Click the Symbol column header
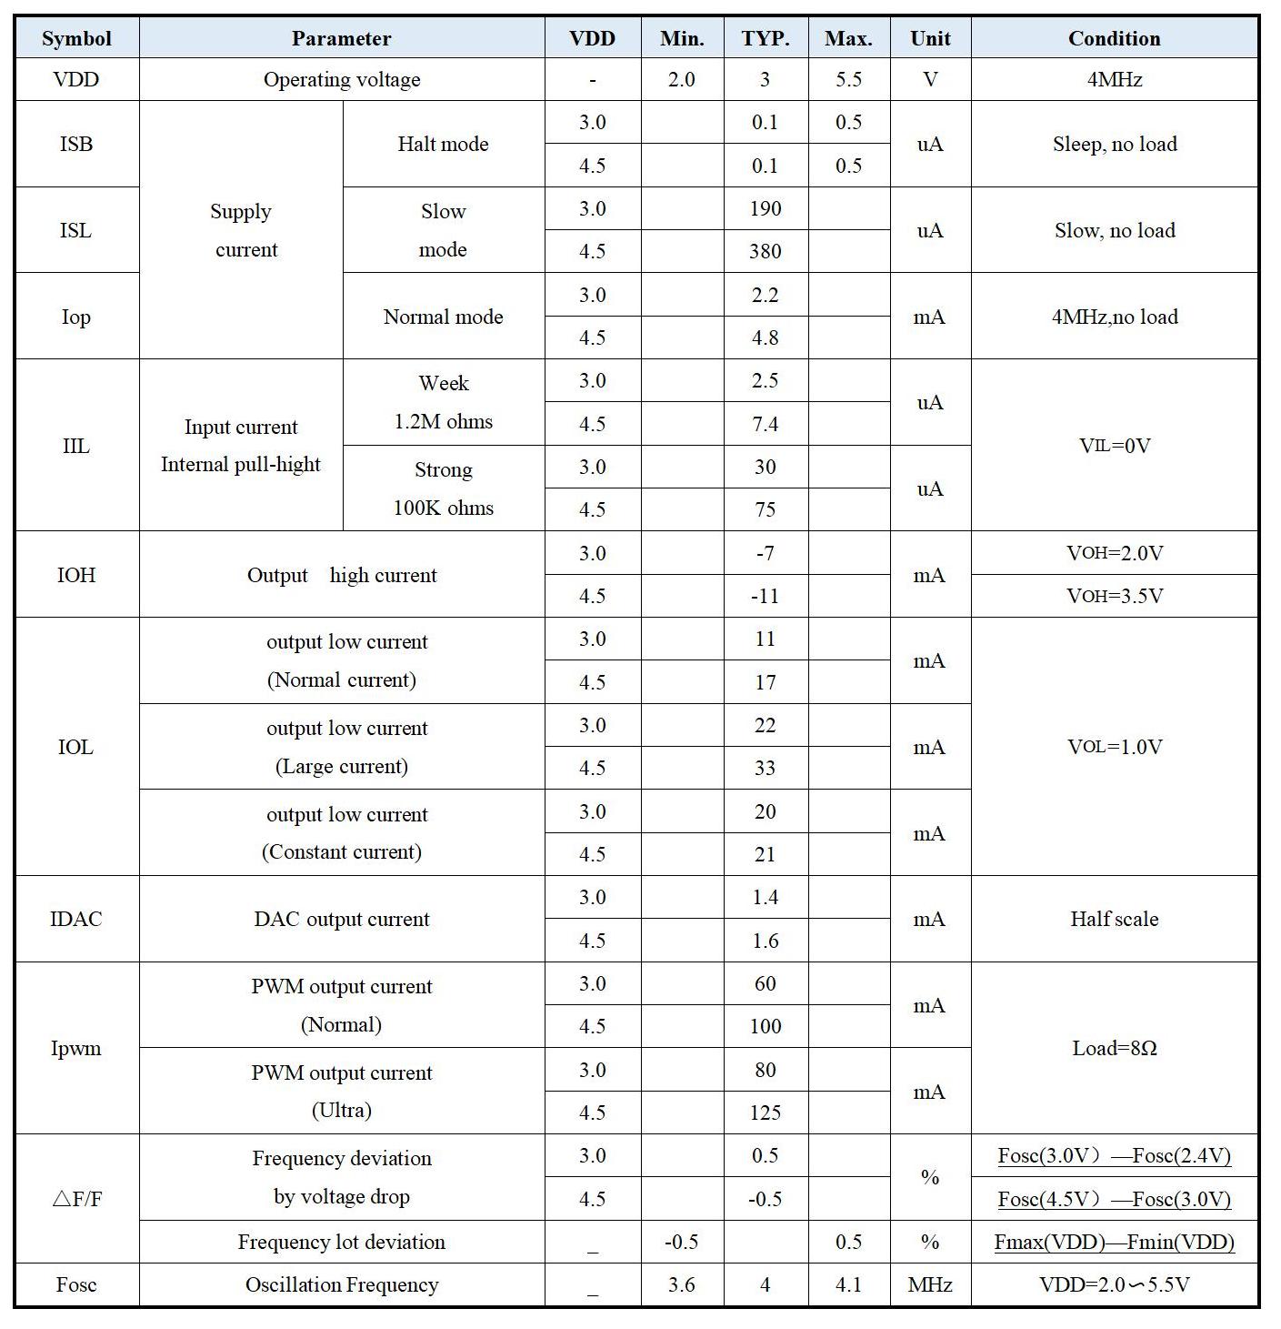tap(76, 38)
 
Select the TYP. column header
tap(765, 38)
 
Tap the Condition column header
tap(1114, 38)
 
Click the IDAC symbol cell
tap(76, 919)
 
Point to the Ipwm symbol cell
tap(76, 1048)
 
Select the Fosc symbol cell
tap(76, 1284)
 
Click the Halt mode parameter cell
tap(443, 144)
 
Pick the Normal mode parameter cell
tap(443, 317)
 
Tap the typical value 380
tap(765, 251)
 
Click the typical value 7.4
tap(765, 424)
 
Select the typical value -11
tap(765, 596)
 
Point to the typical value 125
tap(765, 1113)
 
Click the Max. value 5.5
tap(848, 79)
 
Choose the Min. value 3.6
tap(681, 1284)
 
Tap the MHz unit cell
tap(929, 1284)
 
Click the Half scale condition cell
tap(1114, 919)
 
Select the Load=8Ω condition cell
tap(1114, 1048)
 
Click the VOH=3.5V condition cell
tap(1114, 596)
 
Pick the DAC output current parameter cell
tap(341, 919)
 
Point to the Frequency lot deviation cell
tap(341, 1242)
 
